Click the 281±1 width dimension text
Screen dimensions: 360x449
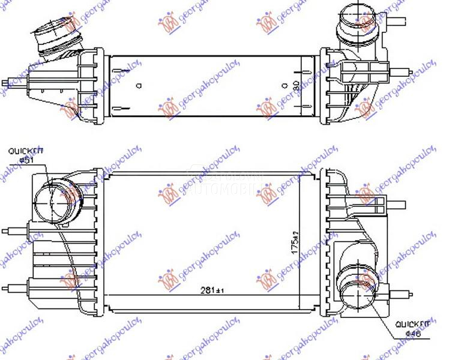[211, 292]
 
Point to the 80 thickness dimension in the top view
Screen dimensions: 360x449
[295, 86]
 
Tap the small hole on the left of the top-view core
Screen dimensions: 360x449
[139, 86]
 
